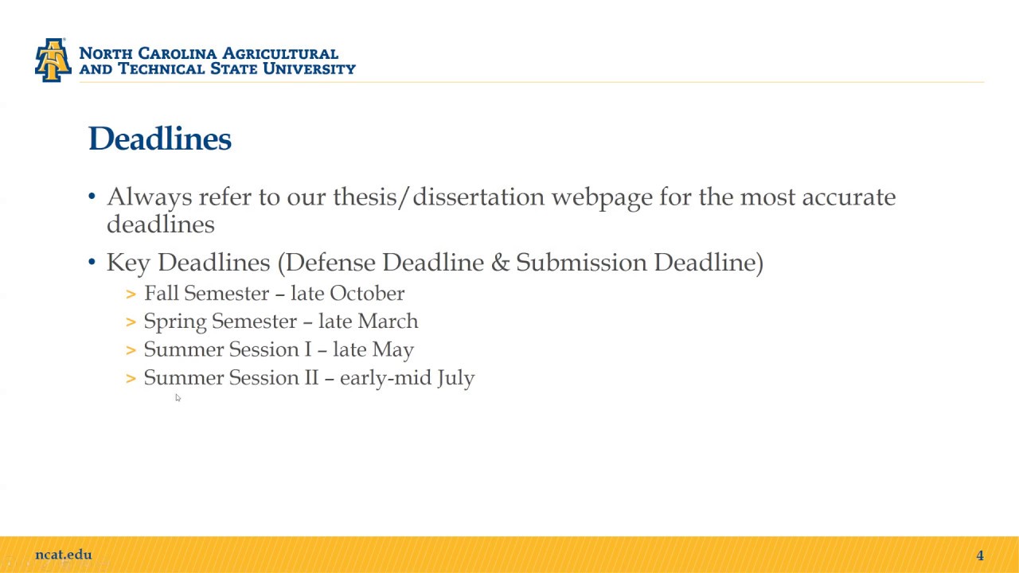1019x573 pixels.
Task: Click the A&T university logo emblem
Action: (x=53, y=60)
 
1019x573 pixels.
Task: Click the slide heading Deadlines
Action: (x=159, y=138)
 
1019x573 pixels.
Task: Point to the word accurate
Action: (x=848, y=197)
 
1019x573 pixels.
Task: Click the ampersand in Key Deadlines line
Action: (x=500, y=263)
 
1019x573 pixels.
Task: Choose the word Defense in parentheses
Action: (x=330, y=263)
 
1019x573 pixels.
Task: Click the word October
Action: (x=367, y=294)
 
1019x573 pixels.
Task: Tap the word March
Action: (x=388, y=322)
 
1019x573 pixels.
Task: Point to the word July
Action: (x=456, y=378)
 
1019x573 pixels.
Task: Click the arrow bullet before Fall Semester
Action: (x=131, y=294)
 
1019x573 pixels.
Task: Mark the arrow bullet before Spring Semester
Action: (x=131, y=322)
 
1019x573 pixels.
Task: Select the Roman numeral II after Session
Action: (x=310, y=378)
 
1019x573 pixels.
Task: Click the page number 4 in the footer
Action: (x=980, y=555)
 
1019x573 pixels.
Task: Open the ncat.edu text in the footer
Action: (x=64, y=555)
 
